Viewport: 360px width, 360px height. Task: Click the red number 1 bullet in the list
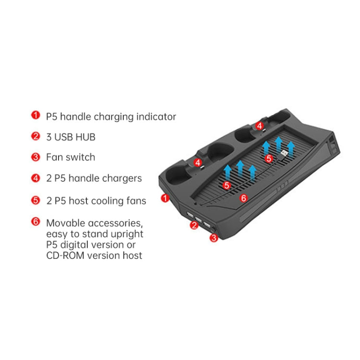pyautogui.click(x=36, y=115)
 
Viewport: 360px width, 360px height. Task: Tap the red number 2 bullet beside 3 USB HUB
pyautogui.click(x=36, y=136)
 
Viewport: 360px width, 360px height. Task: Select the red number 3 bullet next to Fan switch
pyautogui.click(x=36, y=157)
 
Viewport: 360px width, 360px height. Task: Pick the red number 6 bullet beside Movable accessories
pyautogui.click(x=36, y=222)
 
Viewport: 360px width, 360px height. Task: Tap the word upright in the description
pyautogui.click(x=126, y=234)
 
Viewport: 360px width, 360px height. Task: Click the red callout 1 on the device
pyautogui.click(x=166, y=198)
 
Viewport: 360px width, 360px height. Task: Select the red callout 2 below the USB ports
pyautogui.click(x=194, y=225)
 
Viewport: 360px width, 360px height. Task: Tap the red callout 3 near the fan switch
pyautogui.click(x=214, y=237)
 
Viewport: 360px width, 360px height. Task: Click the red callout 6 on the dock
pyautogui.click(x=243, y=197)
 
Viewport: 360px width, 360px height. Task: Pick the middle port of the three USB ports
pyautogui.click(x=196, y=217)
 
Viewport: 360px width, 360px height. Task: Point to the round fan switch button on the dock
pyautogui.click(x=212, y=230)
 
